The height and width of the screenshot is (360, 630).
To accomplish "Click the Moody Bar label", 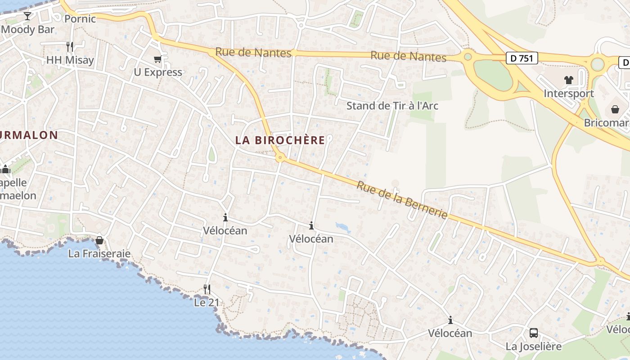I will pos(28,30).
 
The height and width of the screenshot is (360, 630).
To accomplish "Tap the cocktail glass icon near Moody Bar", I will pos(27,16).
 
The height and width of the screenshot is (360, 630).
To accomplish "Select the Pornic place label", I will pos(80,19).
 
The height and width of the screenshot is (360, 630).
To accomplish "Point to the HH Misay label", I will pos(70,60).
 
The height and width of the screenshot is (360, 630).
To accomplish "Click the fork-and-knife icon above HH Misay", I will pos(70,46).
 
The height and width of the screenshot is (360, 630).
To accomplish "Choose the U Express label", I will pos(158,72).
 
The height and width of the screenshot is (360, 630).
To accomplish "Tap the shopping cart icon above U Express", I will pos(157,59).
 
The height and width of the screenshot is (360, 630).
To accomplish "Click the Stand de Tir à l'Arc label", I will pos(392,106).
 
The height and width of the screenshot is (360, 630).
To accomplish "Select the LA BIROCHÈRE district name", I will pos(280,140).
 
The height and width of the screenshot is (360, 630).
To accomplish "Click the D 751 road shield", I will pos(522,58).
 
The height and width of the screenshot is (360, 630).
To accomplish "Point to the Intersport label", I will pos(569,94).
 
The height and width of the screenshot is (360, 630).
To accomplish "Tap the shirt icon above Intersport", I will pos(569,80).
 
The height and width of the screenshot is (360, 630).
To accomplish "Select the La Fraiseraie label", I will pos(99,254).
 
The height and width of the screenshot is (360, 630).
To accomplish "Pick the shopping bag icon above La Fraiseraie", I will pos(99,240).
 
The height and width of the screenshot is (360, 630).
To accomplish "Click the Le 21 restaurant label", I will pos(207,303).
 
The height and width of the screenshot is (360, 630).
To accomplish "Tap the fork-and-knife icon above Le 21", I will pos(207,289).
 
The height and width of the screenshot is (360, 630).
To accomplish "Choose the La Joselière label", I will pos(534,346).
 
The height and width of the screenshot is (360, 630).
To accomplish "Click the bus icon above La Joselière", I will pos(534,333).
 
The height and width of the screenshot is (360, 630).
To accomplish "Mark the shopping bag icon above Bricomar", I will pos(615,109).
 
